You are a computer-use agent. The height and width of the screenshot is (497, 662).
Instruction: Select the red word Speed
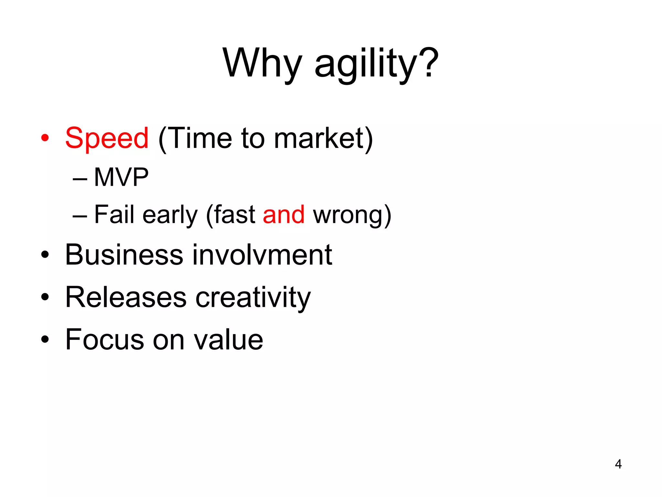click(x=107, y=138)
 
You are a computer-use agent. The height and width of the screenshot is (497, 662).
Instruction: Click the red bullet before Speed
click(x=45, y=138)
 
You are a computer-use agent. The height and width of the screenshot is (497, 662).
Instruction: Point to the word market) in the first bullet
click(x=324, y=138)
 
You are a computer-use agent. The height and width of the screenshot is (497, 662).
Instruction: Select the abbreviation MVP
click(x=121, y=177)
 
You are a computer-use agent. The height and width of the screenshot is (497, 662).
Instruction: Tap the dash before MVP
click(x=80, y=179)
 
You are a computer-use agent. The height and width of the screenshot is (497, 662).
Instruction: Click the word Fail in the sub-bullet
click(x=114, y=214)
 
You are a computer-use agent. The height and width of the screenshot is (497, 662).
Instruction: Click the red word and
click(x=283, y=215)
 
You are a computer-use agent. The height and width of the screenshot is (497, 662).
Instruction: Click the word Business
click(x=124, y=255)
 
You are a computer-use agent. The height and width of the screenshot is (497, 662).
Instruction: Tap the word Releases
click(x=126, y=297)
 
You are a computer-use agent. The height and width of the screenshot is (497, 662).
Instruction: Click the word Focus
click(x=104, y=340)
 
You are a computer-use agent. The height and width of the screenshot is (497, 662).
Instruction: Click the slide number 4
click(x=618, y=464)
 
